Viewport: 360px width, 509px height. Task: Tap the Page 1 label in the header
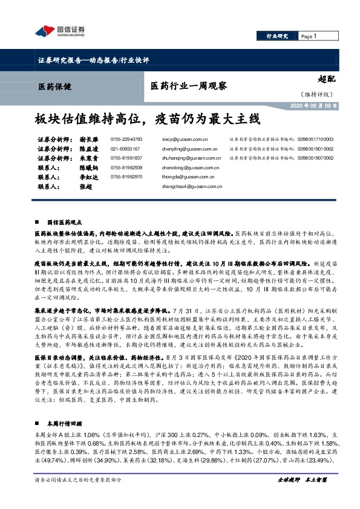point(309,36)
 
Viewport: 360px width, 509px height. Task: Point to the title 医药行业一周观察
point(188,86)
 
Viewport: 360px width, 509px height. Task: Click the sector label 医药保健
point(54,86)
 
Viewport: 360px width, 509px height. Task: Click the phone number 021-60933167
point(125,148)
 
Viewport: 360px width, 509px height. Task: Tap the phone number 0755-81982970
point(126,177)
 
